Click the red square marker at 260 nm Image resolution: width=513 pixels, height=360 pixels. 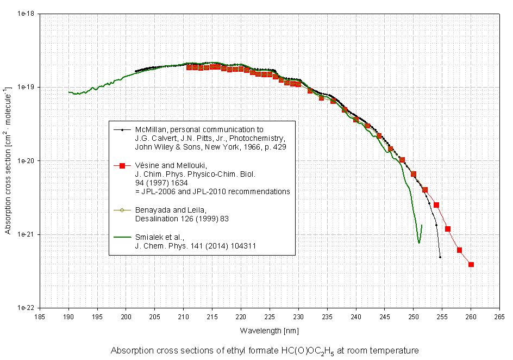(471, 265)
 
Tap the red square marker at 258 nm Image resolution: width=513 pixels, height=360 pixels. (459, 250)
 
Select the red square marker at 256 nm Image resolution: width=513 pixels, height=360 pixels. (448, 229)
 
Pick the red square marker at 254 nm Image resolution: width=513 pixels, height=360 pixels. (436, 205)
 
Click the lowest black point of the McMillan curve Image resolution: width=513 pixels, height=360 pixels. (440, 257)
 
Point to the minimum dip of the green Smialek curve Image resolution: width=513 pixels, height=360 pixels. (419, 243)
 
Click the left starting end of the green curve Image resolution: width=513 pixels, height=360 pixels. (69, 92)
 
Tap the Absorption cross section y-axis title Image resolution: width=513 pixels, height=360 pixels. (8, 160)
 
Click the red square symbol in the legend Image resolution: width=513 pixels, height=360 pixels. (123, 165)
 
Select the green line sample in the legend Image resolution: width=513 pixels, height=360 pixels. (122, 237)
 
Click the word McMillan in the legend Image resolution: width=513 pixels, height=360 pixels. (150, 130)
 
